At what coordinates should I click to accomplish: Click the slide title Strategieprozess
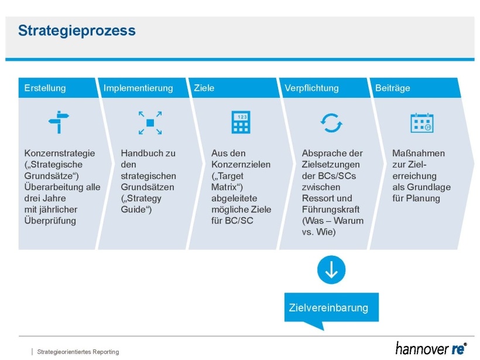tap(77, 30)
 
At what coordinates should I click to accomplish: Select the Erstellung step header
tap(45, 88)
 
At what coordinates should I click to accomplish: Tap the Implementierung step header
tap(138, 88)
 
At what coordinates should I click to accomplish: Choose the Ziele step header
tap(204, 88)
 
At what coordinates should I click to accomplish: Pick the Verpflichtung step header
tap(311, 88)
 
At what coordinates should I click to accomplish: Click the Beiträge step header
tap(393, 88)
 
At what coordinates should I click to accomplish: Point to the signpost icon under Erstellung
tap(59, 122)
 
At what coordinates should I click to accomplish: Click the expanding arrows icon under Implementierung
tap(150, 123)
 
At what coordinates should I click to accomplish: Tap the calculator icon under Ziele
tap(241, 122)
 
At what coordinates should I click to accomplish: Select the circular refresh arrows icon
tap(331, 123)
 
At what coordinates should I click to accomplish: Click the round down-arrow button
tap(331, 270)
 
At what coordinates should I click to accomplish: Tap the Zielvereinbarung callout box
tap(331, 308)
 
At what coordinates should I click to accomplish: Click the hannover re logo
tap(430, 348)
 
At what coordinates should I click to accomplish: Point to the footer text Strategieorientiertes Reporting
tap(78, 352)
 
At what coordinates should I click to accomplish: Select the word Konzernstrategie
tap(60, 153)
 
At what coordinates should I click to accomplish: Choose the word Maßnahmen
tap(419, 153)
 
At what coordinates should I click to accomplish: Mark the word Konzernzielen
tap(241, 164)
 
